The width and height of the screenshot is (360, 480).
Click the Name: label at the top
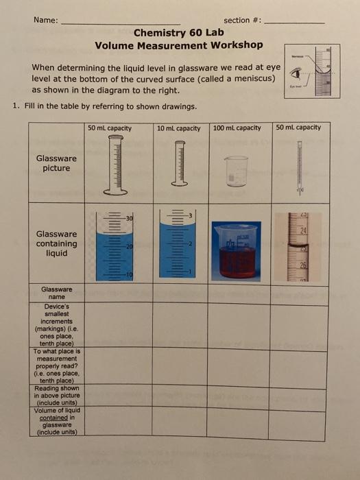coord(46,21)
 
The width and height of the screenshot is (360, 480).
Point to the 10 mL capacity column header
coord(179,128)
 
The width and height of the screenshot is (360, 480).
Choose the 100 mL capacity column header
coord(237,128)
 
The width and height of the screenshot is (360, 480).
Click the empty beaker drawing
coord(236,171)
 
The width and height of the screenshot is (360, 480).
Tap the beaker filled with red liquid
coord(237,250)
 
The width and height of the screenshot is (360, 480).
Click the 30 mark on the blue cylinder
coord(128,217)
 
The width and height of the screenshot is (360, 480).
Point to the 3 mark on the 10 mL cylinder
coord(192,217)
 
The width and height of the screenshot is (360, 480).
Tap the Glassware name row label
coord(56,293)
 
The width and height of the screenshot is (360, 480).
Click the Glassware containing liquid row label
coord(56,243)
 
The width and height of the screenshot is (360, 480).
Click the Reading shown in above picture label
coord(56,395)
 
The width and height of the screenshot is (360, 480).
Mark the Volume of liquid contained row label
coord(56,422)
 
